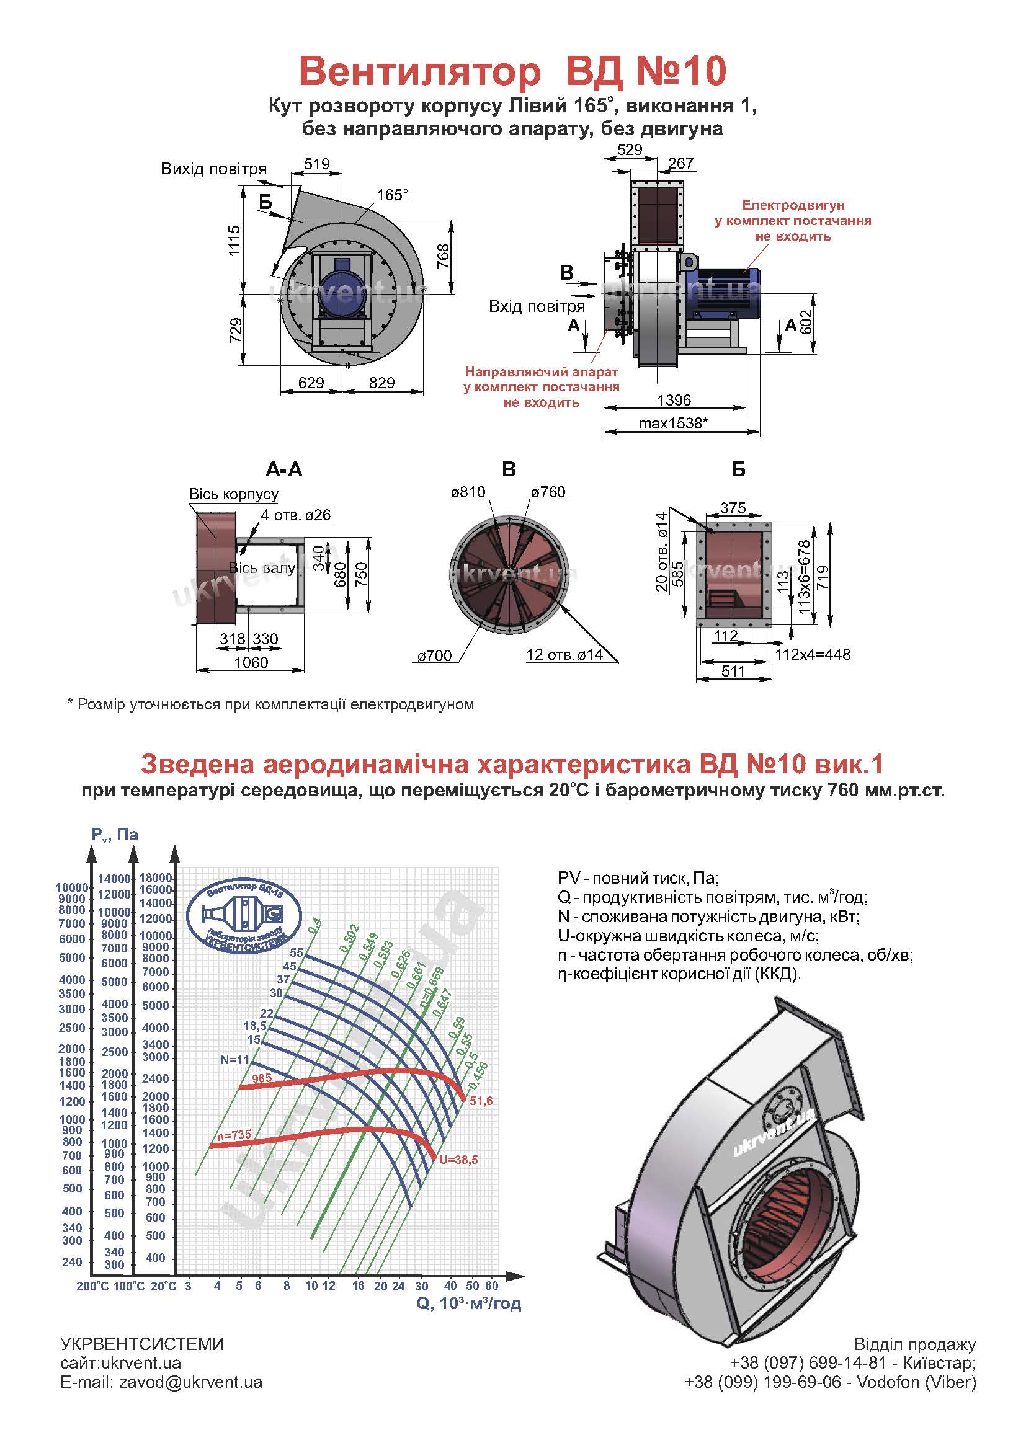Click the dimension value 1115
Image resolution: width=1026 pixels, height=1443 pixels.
pyautogui.click(x=234, y=240)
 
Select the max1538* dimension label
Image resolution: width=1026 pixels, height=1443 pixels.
pyautogui.click(x=672, y=423)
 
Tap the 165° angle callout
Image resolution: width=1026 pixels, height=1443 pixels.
pyautogui.click(x=392, y=195)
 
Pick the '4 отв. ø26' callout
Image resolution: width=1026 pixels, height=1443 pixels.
pyautogui.click(x=296, y=515)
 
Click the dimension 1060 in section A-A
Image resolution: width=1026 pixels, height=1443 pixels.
pyautogui.click(x=251, y=662)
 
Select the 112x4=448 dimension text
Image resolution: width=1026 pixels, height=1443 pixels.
pyautogui.click(x=813, y=654)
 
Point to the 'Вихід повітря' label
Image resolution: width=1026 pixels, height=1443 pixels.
pyautogui.click(x=213, y=169)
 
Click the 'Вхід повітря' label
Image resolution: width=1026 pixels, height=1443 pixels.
pyautogui.click(x=537, y=307)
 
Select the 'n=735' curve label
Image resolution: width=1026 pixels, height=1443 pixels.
pyautogui.click(x=234, y=1135)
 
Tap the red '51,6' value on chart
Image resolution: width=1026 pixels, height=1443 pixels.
pyautogui.click(x=481, y=1101)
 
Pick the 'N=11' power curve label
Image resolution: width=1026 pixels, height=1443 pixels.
pyautogui.click(x=234, y=1060)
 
